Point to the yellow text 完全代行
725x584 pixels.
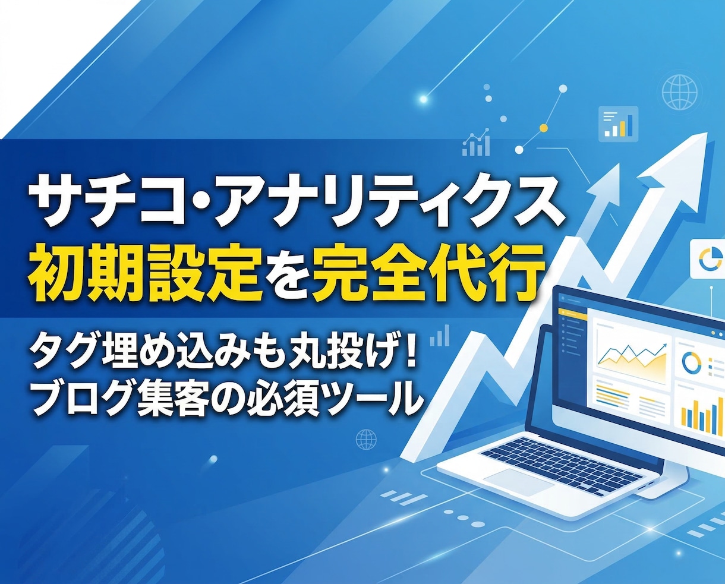(x=435, y=275)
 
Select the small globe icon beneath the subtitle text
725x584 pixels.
(x=366, y=440)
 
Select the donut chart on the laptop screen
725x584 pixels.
(x=692, y=361)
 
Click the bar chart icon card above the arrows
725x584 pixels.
(x=618, y=123)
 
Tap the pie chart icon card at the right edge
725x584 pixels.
(x=708, y=259)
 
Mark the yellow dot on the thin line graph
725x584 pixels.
(x=543, y=128)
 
